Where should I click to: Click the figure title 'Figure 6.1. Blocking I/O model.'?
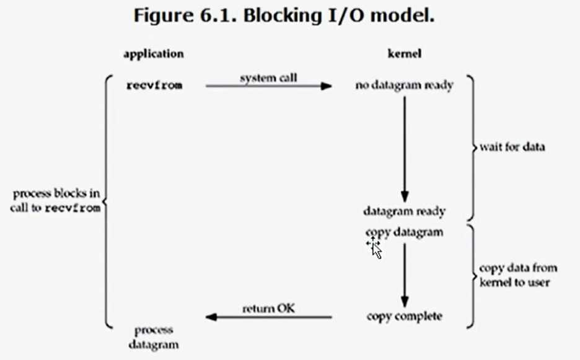(x=284, y=17)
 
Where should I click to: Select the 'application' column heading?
(x=153, y=54)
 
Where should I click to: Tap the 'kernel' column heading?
(x=403, y=54)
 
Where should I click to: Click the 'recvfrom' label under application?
(x=154, y=86)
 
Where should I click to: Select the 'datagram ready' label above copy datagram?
(x=404, y=211)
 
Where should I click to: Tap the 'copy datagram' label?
(x=404, y=232)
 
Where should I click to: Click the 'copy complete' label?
(x=404, y=317)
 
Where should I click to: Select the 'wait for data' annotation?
(x=512, y=148)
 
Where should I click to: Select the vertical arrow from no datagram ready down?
(x=404, y=146)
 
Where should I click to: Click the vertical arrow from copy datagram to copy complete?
(x=404, y=273)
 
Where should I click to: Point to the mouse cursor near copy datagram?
(x=375, y=247)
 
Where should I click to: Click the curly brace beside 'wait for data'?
(x=471, y=148)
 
